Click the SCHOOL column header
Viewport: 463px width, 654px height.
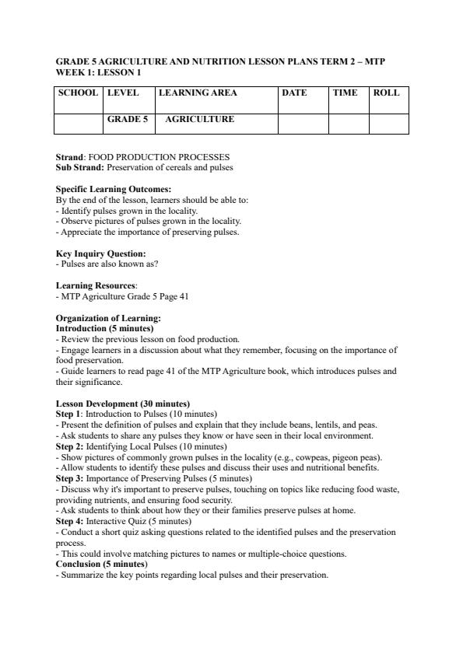(x=78, y=93)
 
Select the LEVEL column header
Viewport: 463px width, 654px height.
(x=123, y=93)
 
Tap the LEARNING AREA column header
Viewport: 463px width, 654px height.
(x=198, y=93)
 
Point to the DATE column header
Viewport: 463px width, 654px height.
(x=294, y=93)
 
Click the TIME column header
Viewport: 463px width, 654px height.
(x=345, y=93)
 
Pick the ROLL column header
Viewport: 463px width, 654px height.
(x=386, y=93)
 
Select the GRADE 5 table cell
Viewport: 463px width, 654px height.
(x=127, y=120)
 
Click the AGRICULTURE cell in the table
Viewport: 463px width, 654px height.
(x=199, y=120)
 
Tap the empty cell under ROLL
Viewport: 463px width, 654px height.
(x=388, y=123)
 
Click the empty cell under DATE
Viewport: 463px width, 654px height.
(x=303, y=123)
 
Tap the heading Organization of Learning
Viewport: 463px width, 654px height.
(x=108, y=318)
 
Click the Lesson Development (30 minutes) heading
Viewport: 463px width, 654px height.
(x=122, y=404)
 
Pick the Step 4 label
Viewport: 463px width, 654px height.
(x=69, y=521)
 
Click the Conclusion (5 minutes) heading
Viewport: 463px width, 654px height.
(x=101, y=565)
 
